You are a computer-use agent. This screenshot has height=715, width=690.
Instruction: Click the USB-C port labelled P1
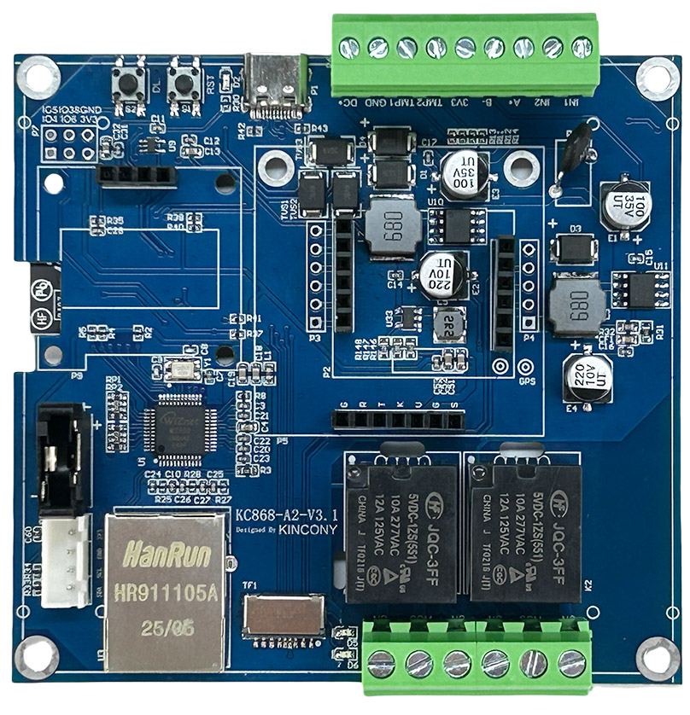coord(275,85)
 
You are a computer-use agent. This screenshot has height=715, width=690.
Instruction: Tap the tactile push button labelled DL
coord(132,83)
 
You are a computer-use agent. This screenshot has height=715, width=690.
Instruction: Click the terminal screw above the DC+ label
coord(349,47)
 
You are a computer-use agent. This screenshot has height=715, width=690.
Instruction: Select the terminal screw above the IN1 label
coord(582,47)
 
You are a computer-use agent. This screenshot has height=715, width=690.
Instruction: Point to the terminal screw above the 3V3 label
coord(465,47)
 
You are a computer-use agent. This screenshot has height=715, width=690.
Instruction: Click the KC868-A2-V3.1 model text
coord(287,515)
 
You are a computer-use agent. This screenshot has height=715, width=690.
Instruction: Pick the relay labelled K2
coord(523,534)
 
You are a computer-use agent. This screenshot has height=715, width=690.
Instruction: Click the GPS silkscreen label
coord(527,381)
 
